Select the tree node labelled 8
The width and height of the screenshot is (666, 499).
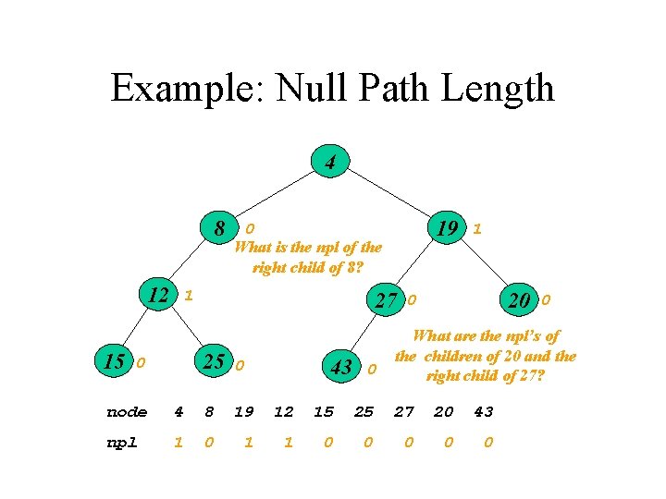(x=220, y=227)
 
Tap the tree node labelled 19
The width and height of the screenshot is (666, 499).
(x=448, y=227)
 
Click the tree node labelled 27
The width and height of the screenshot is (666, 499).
(x=386, y=299)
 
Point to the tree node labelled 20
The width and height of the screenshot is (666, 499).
(x=519, y=299)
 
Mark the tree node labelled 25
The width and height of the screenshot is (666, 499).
(x=214, y=361)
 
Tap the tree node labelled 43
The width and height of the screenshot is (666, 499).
(x=341, y=367)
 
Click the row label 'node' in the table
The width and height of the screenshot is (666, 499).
(x=127, y=412)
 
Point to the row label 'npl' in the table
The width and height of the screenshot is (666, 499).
(x=121, y=443)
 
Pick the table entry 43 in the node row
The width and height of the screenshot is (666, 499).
(x=484, y=412)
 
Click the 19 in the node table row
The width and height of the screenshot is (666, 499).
(x=244, y=412)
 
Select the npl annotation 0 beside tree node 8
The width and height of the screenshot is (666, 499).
(x=250, y=228)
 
